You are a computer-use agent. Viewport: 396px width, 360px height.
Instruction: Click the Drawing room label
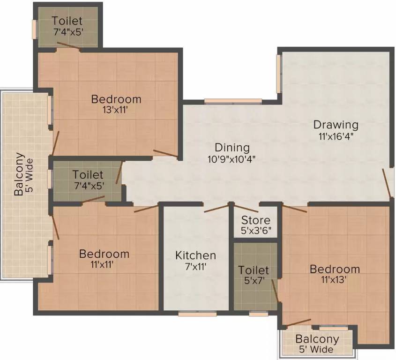[336, 125]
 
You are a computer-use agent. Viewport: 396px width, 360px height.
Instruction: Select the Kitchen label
[195, 255]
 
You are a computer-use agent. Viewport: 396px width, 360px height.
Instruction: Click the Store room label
[255, 220]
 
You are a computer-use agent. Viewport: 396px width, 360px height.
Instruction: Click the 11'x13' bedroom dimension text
[334, 280]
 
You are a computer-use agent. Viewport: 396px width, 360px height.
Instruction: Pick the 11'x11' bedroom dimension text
[104, 264]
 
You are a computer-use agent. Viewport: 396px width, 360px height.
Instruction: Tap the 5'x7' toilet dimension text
[254, 281]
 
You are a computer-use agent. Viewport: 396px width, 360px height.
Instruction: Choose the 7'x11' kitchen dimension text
[195, 267]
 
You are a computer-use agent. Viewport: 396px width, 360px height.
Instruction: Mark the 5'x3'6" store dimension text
[255, 231]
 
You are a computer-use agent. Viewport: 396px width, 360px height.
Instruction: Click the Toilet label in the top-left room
[67, 21]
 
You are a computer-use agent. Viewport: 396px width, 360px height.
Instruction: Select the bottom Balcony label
[317, 339]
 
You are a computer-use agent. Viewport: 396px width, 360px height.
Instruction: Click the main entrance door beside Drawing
[387, 183]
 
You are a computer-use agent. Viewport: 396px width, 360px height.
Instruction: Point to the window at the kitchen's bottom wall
[197, 314]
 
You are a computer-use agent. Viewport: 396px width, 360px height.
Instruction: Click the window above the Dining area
[233, 100]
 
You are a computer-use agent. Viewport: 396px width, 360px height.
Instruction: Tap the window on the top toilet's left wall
[34, 29]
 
